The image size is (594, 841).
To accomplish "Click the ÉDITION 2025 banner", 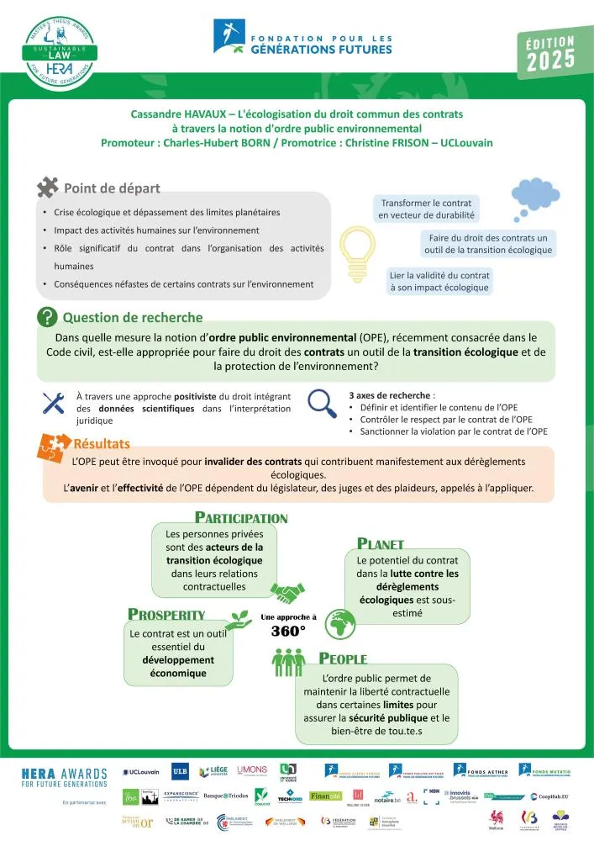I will (x=550, y=54).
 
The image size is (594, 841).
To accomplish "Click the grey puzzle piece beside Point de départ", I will (x=48, y=187).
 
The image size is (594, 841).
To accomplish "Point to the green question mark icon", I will (x=47, y=317).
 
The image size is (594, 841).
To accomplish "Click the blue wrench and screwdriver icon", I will (x=54, y=403).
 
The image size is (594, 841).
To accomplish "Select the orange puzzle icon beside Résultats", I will (x=54, y=447).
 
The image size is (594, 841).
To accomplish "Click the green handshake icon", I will (x=292, y=594).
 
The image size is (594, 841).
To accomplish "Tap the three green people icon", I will (x=288, y=663).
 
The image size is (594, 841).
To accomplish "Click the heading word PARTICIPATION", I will (x=241, y=518).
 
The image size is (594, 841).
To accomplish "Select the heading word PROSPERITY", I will (x=166, y=615).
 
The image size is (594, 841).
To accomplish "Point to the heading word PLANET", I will (x=381, y=543).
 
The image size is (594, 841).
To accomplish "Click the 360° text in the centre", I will (x=288, y=631).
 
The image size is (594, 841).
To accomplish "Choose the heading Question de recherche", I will (x=133, y=317).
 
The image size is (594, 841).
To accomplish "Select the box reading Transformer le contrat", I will (x=425, y=209).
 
